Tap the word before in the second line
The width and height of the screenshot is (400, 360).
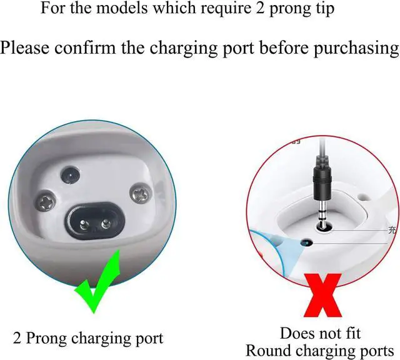pyautogui.click(x=267, y=48)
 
